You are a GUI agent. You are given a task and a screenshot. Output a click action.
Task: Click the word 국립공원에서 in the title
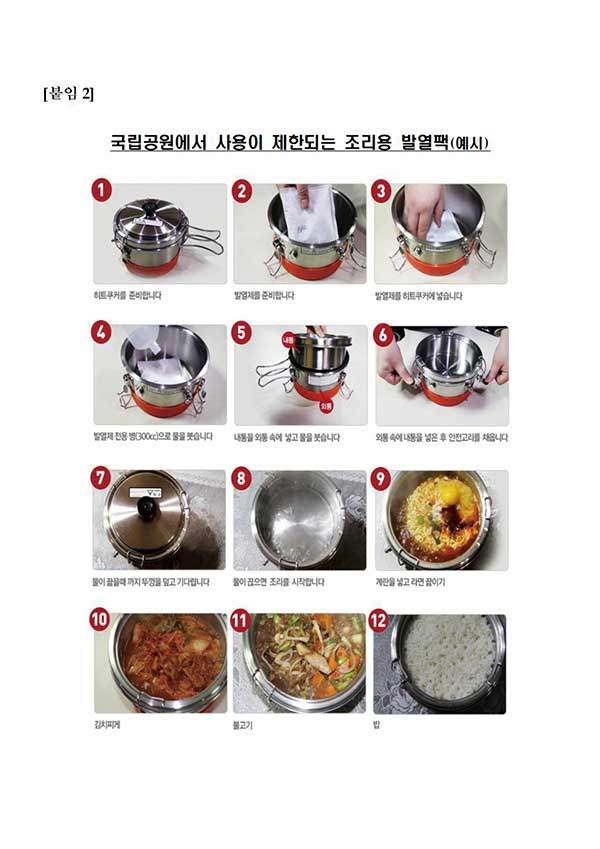pos(159,143)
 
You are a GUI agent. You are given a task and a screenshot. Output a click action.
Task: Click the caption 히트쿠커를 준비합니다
pos(126,296)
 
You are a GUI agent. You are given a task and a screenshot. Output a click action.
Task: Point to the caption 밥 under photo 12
pos(376,724)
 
